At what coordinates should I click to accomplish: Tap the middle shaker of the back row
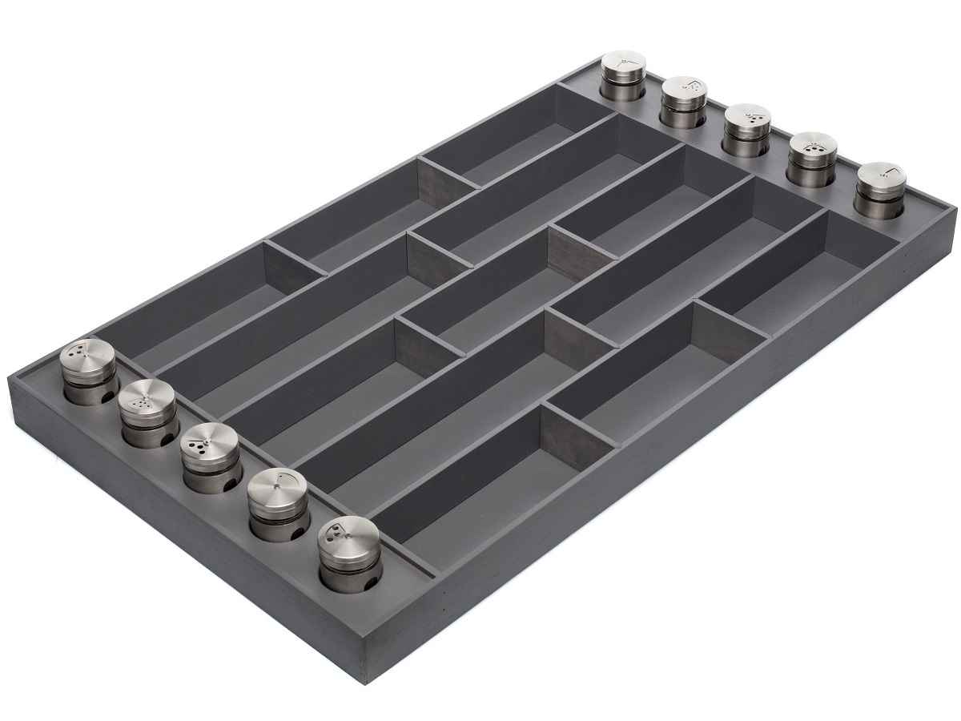747,128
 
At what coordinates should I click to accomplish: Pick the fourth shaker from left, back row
811,158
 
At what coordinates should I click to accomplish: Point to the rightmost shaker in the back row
880,189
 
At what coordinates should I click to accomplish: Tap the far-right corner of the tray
955,210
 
